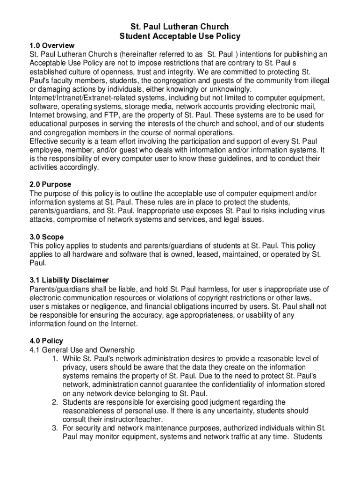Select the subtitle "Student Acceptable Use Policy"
pos(180,36)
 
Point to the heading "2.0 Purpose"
pos(50,184)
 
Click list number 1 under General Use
pos(55,359)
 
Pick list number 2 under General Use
pos(55,402)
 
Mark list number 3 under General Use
pos(55,428)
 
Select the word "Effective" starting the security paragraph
pos(44,141)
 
